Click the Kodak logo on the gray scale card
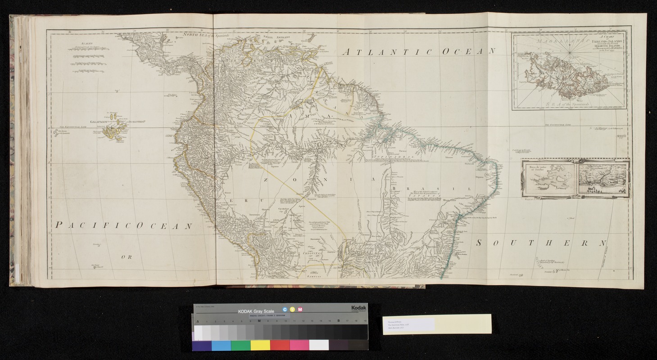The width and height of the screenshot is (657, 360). tap(359, 307)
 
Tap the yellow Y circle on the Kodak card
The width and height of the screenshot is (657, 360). tap(292, 310)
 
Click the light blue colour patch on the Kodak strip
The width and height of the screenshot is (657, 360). tap(221, 345)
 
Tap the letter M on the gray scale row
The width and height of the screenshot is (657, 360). tap(259, 321)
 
